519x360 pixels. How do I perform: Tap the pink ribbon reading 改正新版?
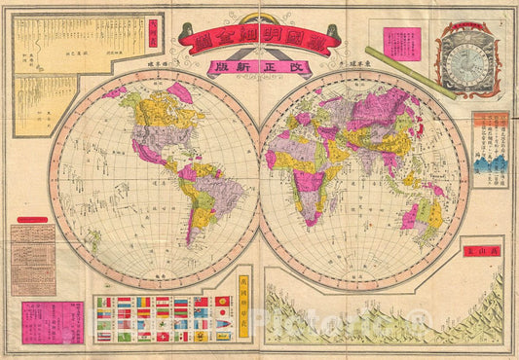pos(260,68)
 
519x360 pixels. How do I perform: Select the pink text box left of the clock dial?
pos(400,44)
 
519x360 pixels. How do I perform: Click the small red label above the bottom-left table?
pos(32,222)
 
